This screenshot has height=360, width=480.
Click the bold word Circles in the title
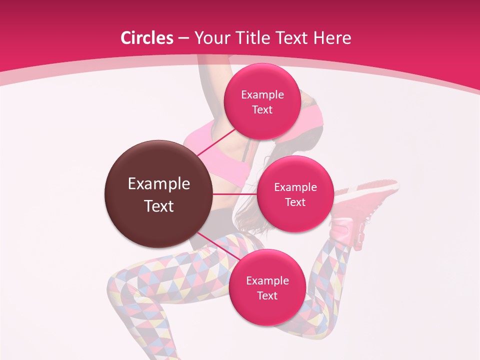pyautogui.click(x=146, y=38)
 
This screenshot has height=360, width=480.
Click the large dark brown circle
pyautogui.click(x=158, y=194)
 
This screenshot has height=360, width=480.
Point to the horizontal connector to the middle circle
pyautogui.click(x=235, y=194)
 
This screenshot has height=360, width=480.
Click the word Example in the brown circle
pyautogui.click(x=159, y=184)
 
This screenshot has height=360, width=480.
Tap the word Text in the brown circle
pyautogui.click(x=159, y=206)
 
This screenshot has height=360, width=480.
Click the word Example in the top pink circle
pyautogui.click(x=262, y=94)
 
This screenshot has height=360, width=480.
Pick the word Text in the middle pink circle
pyautogui.click(x=295, y=202)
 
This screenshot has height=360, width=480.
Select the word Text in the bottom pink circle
pyautogui.click(x=267, y=295)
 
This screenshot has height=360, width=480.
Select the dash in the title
pyautogui.click(x=183, y=38)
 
